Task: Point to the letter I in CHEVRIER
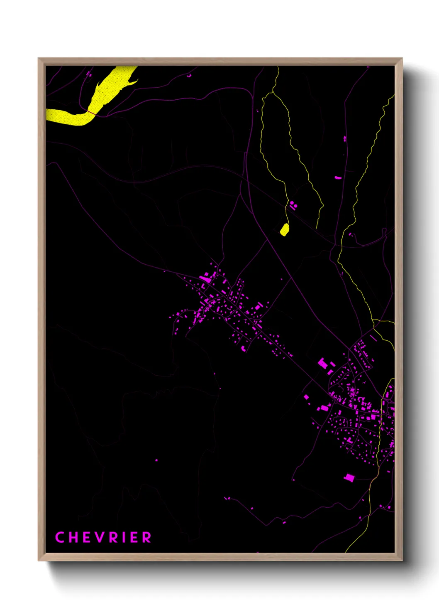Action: (x=123, y=537)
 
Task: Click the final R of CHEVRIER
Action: (x=147, y=537)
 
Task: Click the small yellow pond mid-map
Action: (x=284, y=229)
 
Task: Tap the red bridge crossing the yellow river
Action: (x=91, y=112)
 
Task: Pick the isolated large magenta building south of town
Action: (x=349, y=477)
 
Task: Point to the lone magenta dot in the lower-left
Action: (x=156, y=460)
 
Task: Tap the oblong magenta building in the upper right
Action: (x=338, y=178)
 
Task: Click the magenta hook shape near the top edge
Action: (x=189, y=76)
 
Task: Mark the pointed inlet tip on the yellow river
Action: (x=137, y=80)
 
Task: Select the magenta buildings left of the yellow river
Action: (x=88, y=74)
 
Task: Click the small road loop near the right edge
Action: (x=385, y=231)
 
